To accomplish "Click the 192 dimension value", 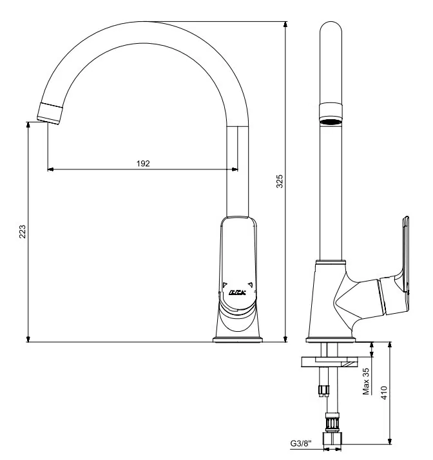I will point(143,164).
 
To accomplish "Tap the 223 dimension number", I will point(22,232).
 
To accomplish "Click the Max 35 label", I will point(366,381).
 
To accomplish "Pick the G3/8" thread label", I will point(302,443).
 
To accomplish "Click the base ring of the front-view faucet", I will point(237,338).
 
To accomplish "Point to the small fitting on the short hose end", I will point(324,388).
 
